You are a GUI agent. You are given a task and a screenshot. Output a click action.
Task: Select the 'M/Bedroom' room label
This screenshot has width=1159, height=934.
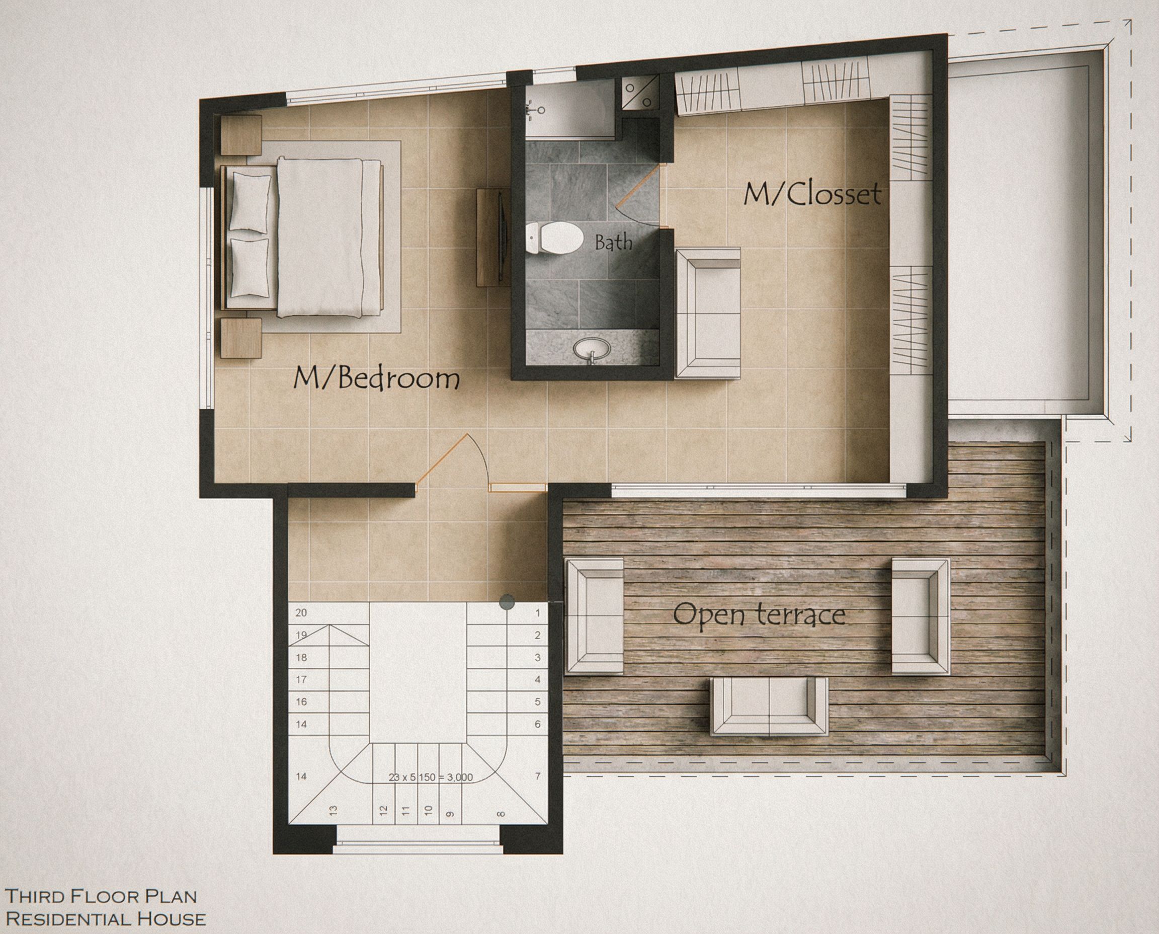coord(376,379)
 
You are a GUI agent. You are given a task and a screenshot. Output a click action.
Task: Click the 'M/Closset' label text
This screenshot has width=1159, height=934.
coord(812,194)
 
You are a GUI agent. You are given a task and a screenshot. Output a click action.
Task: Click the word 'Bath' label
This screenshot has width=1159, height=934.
coord(613,243)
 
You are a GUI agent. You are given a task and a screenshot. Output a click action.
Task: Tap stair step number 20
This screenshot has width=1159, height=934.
coord(301,613)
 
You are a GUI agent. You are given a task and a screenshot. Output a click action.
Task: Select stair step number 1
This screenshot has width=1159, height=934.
coord(537,613)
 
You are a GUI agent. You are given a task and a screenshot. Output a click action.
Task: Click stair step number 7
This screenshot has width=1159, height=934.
coord(537,776)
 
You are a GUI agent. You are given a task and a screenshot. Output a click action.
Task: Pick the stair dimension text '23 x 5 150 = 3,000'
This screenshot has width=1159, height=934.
coord(430,777)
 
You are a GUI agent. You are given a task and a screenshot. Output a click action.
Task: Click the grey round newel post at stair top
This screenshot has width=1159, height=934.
coord(507,602)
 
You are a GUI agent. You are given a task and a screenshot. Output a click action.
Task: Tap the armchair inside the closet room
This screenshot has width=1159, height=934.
coord(707,313)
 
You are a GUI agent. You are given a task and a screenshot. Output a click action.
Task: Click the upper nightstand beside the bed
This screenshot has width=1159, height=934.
coord(241,135)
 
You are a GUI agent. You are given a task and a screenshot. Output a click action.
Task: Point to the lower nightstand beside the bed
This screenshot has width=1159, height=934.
coord(241,338)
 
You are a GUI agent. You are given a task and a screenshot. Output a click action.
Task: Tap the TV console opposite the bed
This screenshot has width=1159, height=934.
coord(493,237)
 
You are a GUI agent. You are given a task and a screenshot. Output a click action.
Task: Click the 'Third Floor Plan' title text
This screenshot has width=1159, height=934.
coord(101,896)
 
